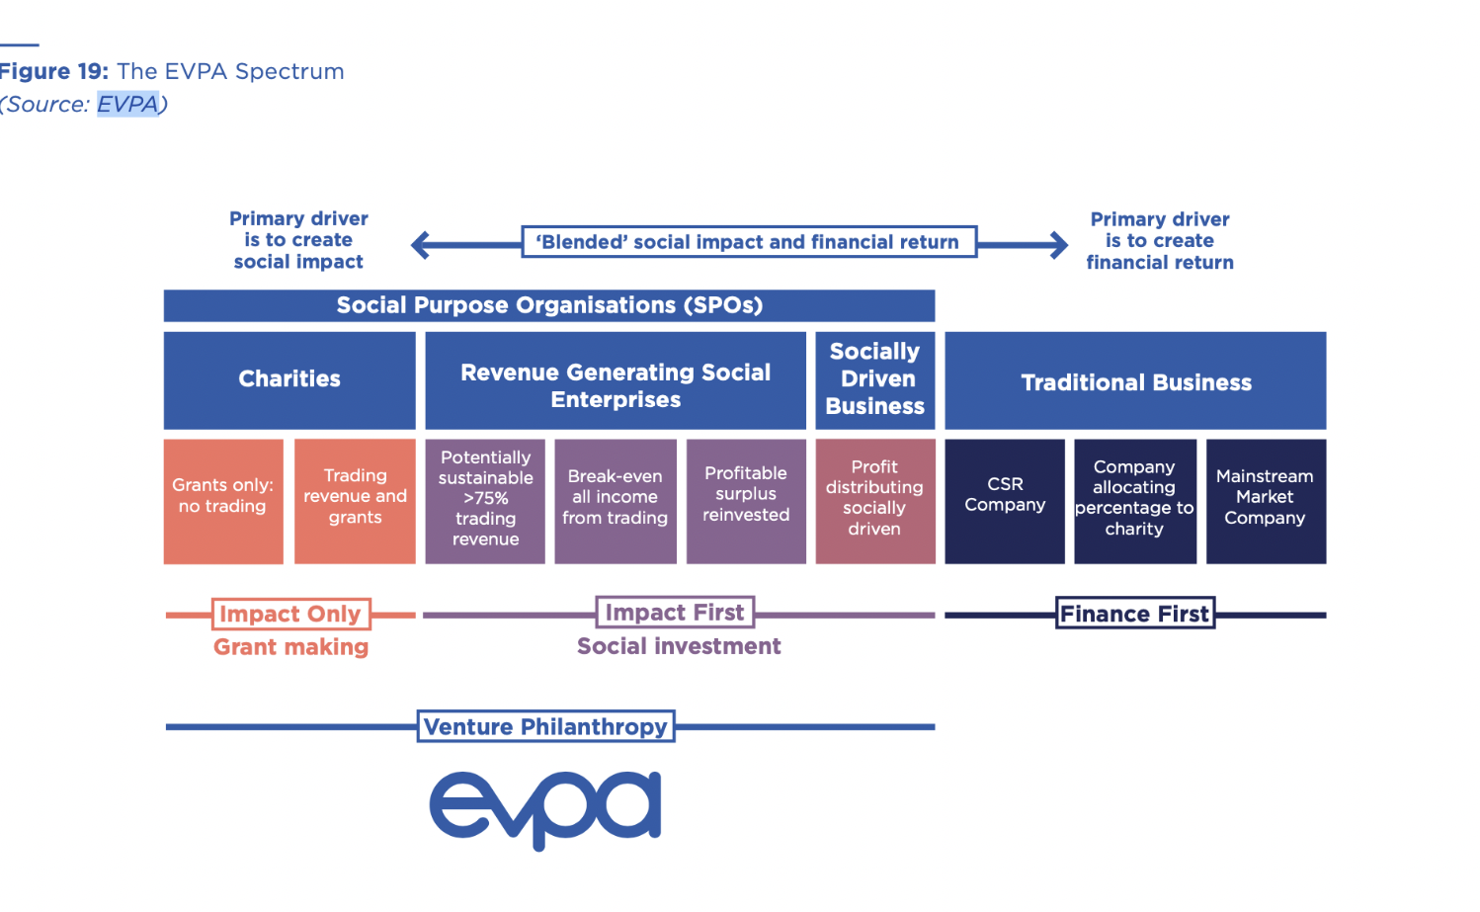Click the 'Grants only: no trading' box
(x=223, y=501)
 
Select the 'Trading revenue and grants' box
(x=355, y=501)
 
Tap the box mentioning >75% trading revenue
(x=485, y=501)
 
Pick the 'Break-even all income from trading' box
(x=616, y=501)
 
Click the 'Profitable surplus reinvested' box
(x=746, y=501)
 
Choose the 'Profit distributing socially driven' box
(x=875, y=501)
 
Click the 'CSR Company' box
(x=1005, y=501)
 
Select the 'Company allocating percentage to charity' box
(x=1135, y=501)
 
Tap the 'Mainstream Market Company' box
(x=1266, y=501)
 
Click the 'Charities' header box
(x=289, y=379)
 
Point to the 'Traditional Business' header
(x=1135, y=381)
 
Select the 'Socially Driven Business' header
(x=875, y=379)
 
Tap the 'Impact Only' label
(x=290, y=614)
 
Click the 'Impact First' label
(x=675, y=613)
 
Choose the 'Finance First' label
(x=1135, y=614)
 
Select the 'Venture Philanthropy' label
(x=545, y=726)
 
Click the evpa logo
(x=545, y=807)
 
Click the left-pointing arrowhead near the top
(x=421, y=244)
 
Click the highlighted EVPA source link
(x=127, y=104)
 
